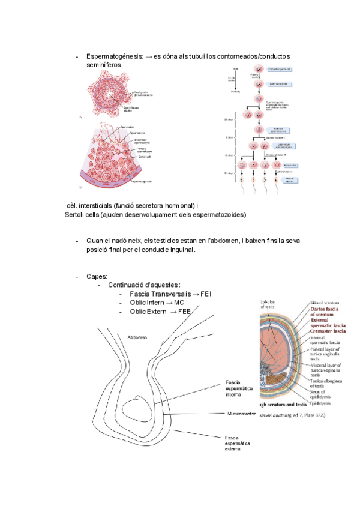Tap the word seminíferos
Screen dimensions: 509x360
point(104,64)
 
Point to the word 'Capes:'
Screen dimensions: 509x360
point(97,276)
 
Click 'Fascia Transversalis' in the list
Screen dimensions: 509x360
point(157,294)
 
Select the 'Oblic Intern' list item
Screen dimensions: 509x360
point(148,303)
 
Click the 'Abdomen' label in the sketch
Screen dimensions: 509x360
point(137,338)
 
